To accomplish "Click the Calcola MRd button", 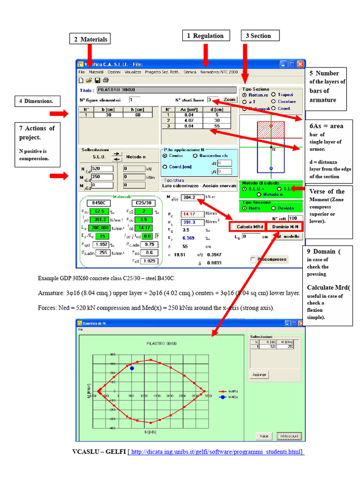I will [x=247, y=226].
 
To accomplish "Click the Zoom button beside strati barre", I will [x=229, y=100].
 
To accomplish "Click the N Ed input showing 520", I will [x=102, y=169].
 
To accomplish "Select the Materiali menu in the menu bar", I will [x=96, y=73].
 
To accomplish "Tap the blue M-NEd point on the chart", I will [x=132, y=368].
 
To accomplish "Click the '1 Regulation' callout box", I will [x=205, y=36].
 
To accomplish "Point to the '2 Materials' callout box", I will [x=90, y=39].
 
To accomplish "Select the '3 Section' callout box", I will [x=257, y=36].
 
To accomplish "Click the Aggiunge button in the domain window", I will [x=259, y=375].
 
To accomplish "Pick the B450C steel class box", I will [x=98, y=203].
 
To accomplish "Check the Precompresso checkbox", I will [x=253, y=259].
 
